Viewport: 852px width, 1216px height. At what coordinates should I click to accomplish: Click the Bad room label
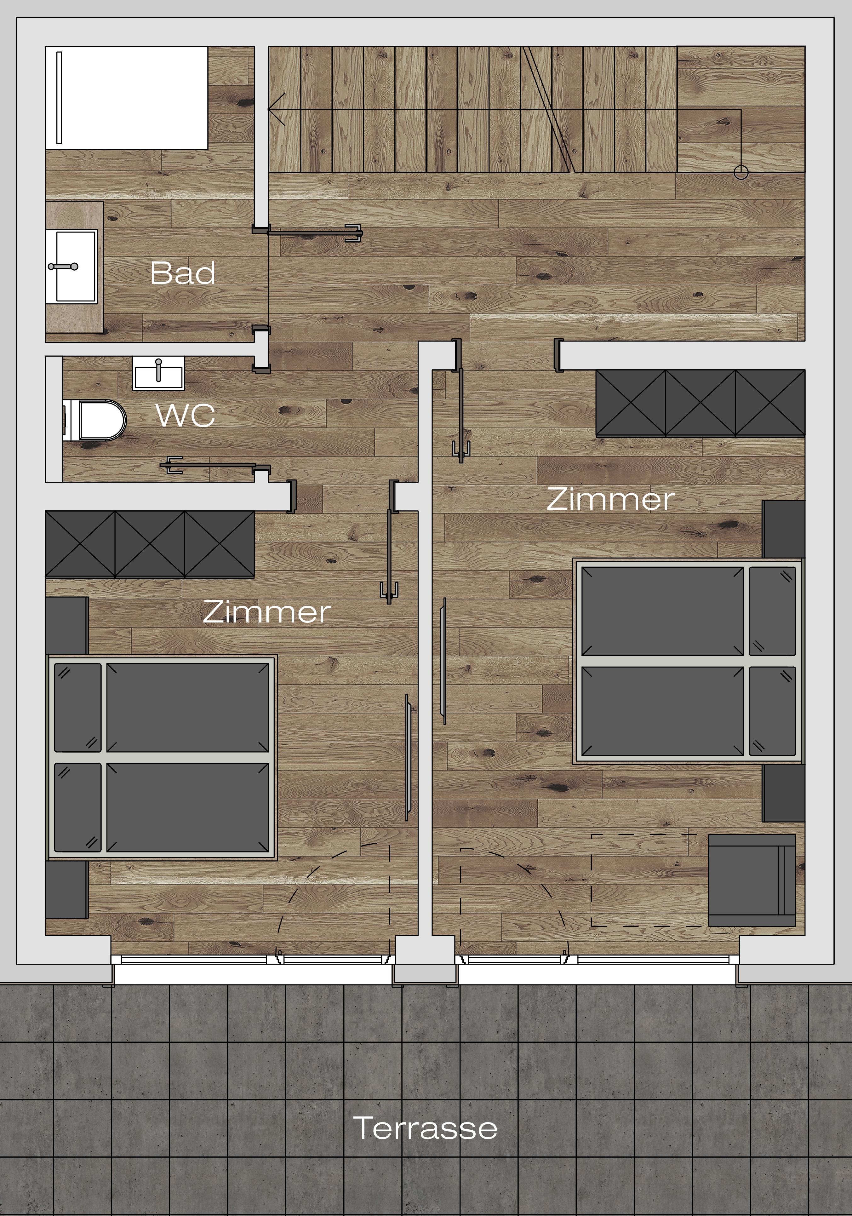point(183,273)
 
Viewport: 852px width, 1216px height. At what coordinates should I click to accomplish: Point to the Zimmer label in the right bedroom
point(610,499)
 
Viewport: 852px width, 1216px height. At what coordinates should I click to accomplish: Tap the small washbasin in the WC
point(158,373)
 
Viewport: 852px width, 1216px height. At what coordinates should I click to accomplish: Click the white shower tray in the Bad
point(127,97)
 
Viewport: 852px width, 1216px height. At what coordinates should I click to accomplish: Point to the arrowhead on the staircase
point(277,109)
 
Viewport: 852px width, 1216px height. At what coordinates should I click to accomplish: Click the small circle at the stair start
point(741,173)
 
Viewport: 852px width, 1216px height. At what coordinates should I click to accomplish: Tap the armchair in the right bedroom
point(752,880)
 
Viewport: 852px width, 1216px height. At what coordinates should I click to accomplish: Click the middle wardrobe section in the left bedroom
point(150,544)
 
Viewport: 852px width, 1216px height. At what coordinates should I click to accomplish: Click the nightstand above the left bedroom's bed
point(67,626)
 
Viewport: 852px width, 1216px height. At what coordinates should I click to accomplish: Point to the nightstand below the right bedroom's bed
point(784,793)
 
